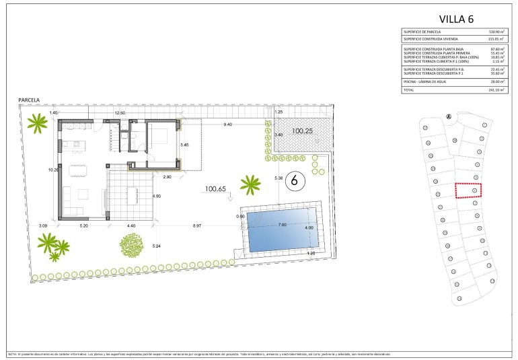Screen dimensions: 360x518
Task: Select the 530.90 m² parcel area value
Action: (494, 32)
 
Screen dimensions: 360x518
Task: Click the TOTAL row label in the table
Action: (409, 89)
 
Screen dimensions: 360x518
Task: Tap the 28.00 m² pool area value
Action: (495, 81)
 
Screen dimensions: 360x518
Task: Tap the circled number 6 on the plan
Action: (293, 180)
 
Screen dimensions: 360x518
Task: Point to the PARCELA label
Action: (30, 100)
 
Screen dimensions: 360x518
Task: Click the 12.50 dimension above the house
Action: (120, 113)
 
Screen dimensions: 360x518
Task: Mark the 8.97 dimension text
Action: (196, 226)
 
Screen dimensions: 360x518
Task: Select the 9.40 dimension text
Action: (228, 124)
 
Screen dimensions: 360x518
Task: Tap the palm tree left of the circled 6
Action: (251, 184)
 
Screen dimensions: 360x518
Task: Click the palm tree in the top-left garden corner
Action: (38, 122)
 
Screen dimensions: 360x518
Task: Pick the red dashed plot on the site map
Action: (469, 190)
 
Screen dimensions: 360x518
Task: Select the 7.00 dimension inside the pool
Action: (283, 224)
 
